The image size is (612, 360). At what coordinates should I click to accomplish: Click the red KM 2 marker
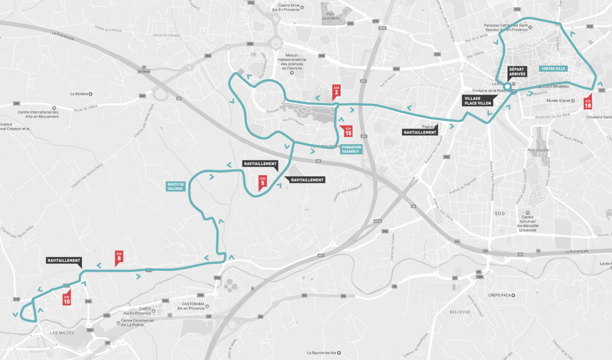(336, 91)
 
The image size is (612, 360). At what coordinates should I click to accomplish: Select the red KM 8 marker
(119, 258)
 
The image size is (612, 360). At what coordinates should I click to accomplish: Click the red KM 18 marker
(587, 100)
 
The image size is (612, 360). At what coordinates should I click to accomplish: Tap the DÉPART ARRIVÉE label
(516, 72)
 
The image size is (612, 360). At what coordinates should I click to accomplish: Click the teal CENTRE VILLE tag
(553, 69)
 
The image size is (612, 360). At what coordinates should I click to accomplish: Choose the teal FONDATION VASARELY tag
(351, 150)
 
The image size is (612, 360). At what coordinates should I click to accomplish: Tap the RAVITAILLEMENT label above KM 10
(65, 261)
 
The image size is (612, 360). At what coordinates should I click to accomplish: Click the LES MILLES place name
(62, 332)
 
